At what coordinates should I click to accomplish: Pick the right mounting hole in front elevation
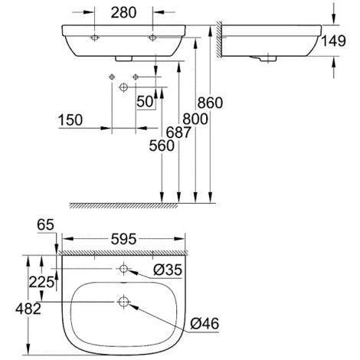pos(152,37)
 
